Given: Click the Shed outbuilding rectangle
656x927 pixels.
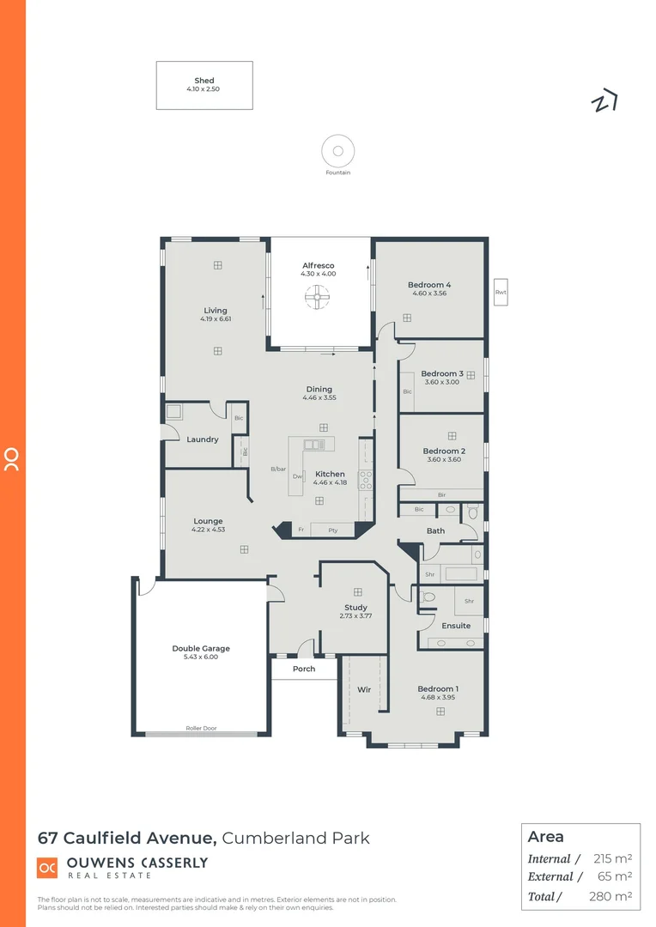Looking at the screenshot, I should (x=204, y=85).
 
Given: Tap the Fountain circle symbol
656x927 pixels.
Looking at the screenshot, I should (x=338, y=152).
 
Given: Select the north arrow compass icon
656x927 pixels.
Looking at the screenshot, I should (x=604, y=101).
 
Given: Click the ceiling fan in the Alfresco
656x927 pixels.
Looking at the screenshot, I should (x=317, y=298).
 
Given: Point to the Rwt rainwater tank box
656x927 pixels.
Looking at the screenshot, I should (x=501, y=293).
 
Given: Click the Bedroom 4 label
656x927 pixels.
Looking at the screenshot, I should (x=429, y=285).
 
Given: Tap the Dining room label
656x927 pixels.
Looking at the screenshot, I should (x=319, y=390).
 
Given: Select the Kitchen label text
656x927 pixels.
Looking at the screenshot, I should (x=330, y=474).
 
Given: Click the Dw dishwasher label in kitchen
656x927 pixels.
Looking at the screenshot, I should (x=297, y=476).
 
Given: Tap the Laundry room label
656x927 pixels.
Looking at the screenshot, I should (x=203, y=439).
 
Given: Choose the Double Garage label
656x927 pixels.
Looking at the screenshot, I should (x=201, y=649).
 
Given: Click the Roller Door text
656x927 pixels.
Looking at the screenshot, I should (x=201, y=728).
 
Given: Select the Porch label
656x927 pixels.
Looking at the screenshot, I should (x=304, y=669).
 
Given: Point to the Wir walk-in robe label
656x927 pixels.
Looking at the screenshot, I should (x=364, y=689).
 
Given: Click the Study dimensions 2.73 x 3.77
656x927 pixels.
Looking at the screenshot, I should (x=355, y=615).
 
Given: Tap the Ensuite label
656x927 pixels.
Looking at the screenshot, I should (x=456, y=626).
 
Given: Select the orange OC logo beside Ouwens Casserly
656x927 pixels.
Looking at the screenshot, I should (x=47, y=868).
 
